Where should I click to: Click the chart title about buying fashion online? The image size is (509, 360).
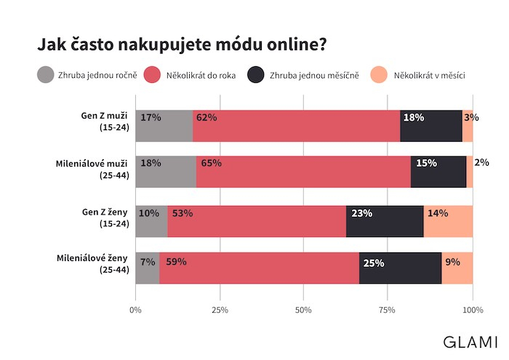(182, 44)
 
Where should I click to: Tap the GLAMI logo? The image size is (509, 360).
(471, 341)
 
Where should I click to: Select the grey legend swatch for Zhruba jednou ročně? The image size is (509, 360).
(46, 75)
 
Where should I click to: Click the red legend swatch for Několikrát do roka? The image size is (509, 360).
(152, 75)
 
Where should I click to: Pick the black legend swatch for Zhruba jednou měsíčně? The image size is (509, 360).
(256, 75)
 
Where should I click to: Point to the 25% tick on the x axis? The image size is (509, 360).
(220, 311)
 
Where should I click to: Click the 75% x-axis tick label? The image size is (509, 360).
(388, 311)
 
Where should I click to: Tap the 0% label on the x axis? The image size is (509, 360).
(135, 311)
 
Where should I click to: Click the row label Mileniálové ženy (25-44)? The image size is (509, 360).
(93, 263)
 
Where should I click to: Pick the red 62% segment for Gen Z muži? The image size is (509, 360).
(297, 126)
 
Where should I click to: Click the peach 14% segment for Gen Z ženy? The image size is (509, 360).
(448, 220)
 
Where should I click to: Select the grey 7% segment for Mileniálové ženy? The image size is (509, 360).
(148, 268)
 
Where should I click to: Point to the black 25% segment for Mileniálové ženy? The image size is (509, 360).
(400, 268)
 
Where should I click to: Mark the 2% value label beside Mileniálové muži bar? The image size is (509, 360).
(481, 163)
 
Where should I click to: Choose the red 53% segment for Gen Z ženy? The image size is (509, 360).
(257, 220)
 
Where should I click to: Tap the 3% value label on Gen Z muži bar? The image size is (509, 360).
(471, 117)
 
